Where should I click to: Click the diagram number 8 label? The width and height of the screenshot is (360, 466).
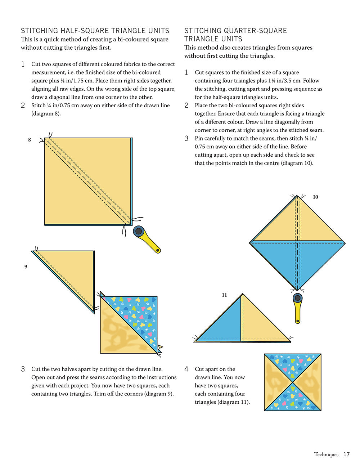point(30,140)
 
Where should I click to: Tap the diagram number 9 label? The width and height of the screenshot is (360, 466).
point(26,266)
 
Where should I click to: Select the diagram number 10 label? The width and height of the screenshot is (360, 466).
point(315,197)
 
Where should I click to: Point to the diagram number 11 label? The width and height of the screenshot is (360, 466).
point(224,295)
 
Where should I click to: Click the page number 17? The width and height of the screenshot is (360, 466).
point(346,454)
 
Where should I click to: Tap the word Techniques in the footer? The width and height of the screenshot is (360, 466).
point(326,454)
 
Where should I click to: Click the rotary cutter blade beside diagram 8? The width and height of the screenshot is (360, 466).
point(138,231)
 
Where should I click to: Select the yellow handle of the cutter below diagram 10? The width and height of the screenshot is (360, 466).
point(298,312)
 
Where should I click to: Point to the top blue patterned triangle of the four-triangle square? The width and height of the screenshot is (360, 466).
point(293,364)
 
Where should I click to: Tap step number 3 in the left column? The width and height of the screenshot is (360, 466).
point(23,369)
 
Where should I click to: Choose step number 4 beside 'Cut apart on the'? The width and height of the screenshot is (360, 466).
point(186,369)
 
